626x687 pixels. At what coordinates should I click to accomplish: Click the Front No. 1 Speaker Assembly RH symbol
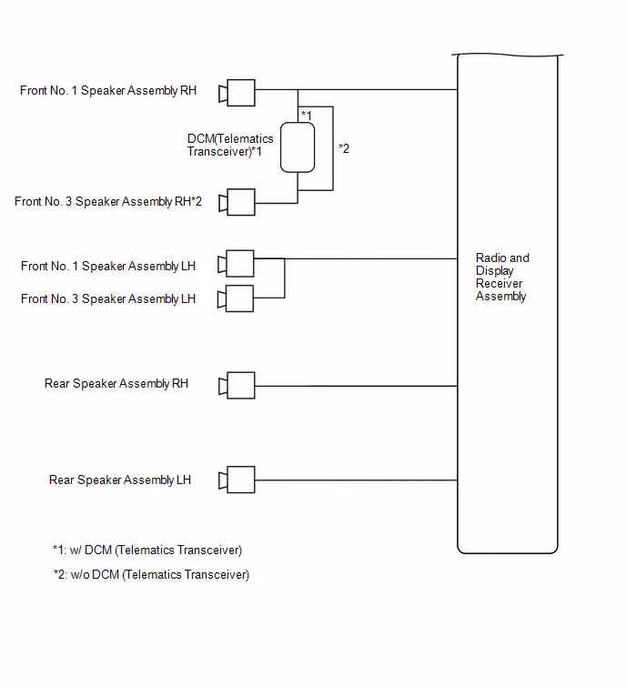[237, 93]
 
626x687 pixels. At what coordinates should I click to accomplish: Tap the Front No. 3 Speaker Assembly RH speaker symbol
[237, 202]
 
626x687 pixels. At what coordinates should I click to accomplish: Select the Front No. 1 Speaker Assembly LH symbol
[237, 263]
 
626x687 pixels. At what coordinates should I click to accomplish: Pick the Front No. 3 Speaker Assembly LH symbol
[236, 298]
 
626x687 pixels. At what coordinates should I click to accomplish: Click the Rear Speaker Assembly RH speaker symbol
[237, 385]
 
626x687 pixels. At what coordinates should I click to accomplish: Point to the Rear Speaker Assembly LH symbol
[237, 480]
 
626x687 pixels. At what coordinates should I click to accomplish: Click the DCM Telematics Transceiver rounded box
[298, 147]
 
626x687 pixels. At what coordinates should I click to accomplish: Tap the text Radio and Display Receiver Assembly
[502, 277]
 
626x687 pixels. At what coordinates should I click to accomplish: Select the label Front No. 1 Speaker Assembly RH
[108, 91]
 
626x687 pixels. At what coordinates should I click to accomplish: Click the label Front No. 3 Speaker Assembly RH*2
[108, 201]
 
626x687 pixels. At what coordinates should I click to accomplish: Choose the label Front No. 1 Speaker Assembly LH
[108, 267]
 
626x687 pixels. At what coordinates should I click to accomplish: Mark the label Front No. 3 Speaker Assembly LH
[108, 298]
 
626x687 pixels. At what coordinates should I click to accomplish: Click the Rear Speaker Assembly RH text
[116, 384]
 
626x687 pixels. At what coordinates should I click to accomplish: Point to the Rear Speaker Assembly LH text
[120, 480]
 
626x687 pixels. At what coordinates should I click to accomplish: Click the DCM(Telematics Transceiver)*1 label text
[230, 145]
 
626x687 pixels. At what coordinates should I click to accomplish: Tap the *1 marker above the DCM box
[307, 116]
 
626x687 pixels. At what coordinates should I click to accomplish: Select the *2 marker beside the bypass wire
[344, 148]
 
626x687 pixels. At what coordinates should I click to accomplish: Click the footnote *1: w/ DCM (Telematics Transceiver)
[147, 550]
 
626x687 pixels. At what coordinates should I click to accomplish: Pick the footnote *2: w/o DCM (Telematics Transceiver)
[152, 574]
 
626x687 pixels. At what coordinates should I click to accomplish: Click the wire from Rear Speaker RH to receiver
[356, 386]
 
